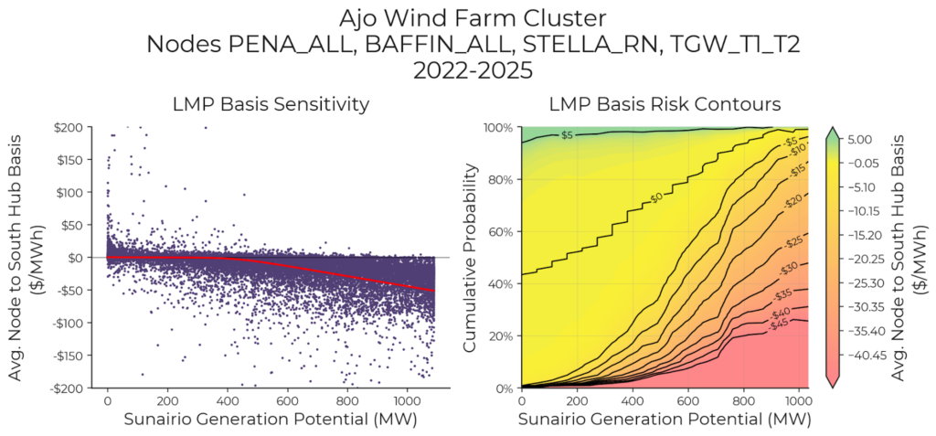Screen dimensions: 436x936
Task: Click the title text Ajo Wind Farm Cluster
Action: [x=467, y=18]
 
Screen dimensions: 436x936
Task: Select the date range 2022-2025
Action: [x=467, y=70]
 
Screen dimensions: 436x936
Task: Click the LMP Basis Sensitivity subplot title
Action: [x=271, y=104]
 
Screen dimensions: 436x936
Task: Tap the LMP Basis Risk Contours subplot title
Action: [x=665, y=104]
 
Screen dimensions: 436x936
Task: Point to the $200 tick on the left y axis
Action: [x=71, y=127]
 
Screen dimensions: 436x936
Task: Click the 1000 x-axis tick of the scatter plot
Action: [x=406, y=400]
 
